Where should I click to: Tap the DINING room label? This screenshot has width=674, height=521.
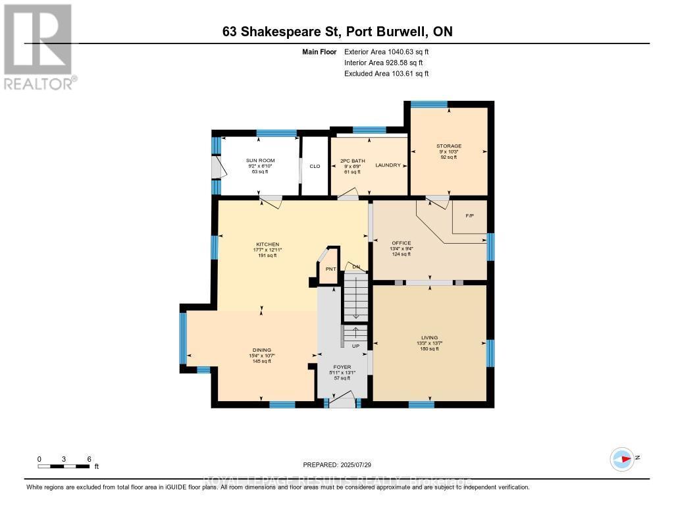click(262, 350)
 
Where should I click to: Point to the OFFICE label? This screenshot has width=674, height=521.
click(401, 243)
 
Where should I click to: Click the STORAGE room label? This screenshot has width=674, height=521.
click(448, 146)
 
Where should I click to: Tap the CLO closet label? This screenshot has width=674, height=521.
click(315, 166)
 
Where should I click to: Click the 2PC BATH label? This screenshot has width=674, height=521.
click(353, 161)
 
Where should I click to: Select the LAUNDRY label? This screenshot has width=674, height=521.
click(388, 165)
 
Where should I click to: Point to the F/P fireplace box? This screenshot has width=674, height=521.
click(469, 216)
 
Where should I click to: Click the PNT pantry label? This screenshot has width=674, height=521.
click(330, 269)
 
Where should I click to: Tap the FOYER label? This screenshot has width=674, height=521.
click(342, 367)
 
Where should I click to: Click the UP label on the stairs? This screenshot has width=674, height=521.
click(355, 346)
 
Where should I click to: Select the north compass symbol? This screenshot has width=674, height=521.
click(622, 458)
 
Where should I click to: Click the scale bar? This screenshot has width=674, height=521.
click(64, 466)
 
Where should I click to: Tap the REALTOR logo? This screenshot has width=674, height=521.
click(39, 47)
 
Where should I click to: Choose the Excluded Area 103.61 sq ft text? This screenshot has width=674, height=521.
click(386, 74)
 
